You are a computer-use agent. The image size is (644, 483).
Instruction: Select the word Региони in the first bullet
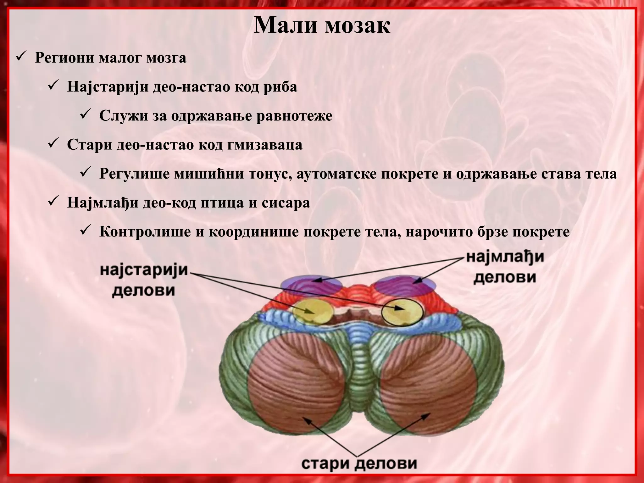point(65,58)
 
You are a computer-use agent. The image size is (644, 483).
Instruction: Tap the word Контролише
point(145,232)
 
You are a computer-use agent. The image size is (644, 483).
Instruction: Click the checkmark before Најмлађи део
point(52,202)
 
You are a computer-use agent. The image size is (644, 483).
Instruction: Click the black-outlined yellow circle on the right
point(402,312)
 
